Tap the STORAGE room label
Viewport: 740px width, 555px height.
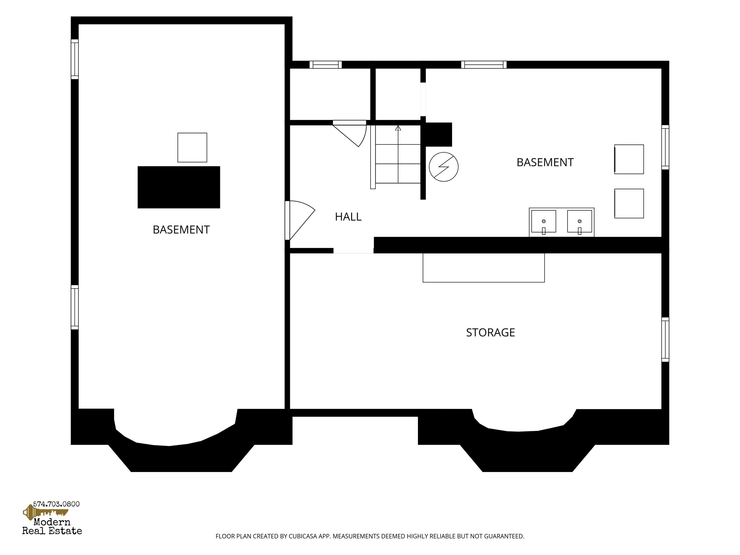coord(490,332)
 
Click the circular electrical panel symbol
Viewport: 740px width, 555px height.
coord(444,167)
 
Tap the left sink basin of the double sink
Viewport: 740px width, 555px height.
coord(544,221)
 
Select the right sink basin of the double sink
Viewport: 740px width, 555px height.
coord(579,221)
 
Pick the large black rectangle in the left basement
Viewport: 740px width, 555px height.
coord(179,187)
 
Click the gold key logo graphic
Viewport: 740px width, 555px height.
coord(45,512)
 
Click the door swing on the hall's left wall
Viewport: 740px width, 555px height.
coord(300,220)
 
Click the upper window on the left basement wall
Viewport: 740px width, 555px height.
coord(75,59)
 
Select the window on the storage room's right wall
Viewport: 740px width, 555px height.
coord(665,340)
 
